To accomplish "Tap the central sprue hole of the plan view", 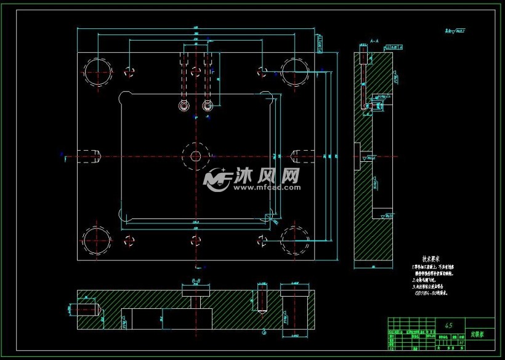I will [195, 156].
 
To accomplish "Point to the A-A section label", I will [374, 42].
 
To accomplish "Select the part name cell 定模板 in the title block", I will [478, 334].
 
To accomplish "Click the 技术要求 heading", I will [430, 260].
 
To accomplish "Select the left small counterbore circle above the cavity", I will [183, 107].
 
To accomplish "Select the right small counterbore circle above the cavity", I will [208, 107].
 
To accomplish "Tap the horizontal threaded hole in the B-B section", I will [86, 308].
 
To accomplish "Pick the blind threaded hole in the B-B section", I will [262, 299].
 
